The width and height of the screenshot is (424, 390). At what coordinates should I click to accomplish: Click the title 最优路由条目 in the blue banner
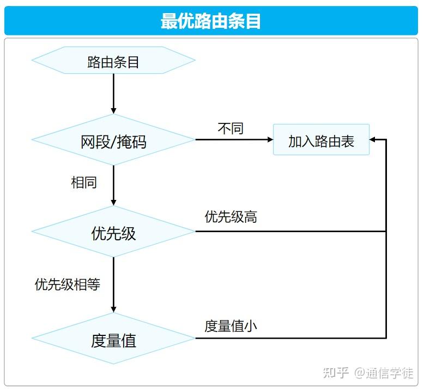[x=211, y=21]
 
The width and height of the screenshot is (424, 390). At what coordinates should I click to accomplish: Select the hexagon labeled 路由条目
[x=113, y=60]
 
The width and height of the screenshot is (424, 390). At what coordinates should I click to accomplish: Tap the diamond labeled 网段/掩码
[x=113, y=140]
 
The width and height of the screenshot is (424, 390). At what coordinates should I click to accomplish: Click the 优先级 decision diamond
[x=113, y=232]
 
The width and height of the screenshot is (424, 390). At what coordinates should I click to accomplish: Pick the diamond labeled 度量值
[x=113, y=338]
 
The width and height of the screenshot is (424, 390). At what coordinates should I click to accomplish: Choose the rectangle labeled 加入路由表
[x=321, y=140]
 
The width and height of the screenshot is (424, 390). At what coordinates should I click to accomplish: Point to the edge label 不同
[x=231, y=128]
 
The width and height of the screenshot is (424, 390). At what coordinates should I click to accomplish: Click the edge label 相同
[x=84, y=182]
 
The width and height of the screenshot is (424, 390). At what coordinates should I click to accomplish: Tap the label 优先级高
[x=231, y=216]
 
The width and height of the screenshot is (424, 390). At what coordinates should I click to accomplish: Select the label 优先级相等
[x=68, y=284]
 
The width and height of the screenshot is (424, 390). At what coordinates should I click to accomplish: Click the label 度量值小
[x=231, y=326]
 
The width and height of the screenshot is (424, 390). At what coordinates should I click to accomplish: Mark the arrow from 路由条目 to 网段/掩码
[x=113, y=94]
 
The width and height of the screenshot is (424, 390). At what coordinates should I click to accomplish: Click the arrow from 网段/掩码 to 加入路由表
[x=234, y=140]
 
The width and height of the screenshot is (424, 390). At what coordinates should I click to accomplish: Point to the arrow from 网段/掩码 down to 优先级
[x=113, y=185]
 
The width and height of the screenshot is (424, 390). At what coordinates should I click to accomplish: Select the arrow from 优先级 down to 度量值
[x=113, y=285]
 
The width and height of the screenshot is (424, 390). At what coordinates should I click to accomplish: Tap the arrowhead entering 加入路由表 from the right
[x=372, y=140]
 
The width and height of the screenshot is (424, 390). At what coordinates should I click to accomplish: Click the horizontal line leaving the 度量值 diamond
[x=290, y=338]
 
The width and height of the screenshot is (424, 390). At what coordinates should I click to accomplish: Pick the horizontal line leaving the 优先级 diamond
[x=290, y=232]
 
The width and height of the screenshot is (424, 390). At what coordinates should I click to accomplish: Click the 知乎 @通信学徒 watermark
[x=368, y=373]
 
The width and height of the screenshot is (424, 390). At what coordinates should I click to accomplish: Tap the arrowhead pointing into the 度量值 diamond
[x=113, y=310]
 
